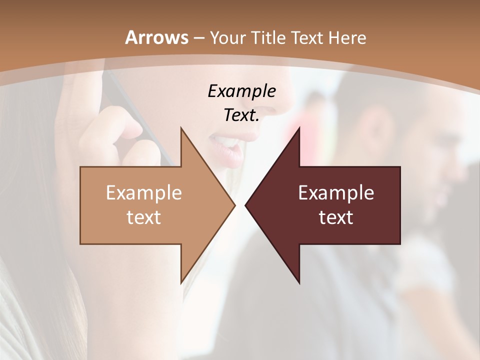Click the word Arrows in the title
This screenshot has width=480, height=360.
(156, 37)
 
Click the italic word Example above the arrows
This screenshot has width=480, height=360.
(241, 91)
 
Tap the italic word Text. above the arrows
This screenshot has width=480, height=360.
(241, 115)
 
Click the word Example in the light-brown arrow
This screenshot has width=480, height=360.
(144, 192)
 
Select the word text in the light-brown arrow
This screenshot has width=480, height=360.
(144, 217)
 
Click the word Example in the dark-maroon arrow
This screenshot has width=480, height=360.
(336, 192)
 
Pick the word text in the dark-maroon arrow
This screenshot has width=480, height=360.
(336, 217)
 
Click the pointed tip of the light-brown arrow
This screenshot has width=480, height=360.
(234, 205)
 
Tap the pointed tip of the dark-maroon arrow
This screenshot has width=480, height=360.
(245, 205)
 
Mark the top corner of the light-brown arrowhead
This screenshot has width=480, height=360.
(181, 128)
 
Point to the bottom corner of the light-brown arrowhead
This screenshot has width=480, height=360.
(181, 283)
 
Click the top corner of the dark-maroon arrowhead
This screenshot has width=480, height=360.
(299, 128)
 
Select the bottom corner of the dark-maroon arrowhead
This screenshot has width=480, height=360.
(299, 283)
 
